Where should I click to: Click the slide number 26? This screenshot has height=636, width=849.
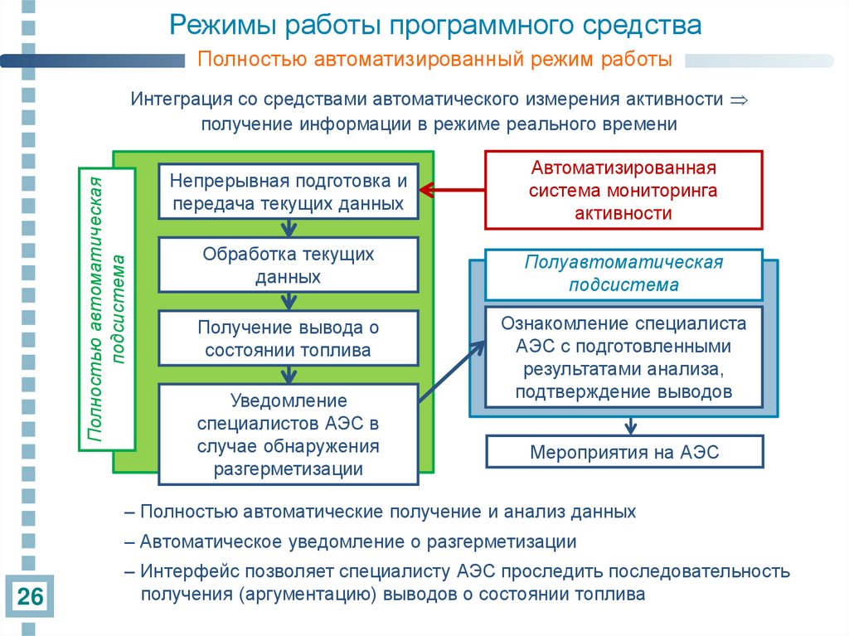click(x=31, y=596)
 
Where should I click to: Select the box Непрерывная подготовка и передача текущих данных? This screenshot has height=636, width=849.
click(x=288, y=192)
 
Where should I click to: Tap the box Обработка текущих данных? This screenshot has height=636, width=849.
click(x=288, y=265)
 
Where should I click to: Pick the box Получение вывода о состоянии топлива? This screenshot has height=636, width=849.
click(x=288, y=338)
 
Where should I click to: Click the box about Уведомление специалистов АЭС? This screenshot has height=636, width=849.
click(x=288, y=435)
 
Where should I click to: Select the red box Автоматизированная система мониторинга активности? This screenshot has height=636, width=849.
click(x=623, y=190)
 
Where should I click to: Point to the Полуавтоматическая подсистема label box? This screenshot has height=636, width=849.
click(x=623, y=274)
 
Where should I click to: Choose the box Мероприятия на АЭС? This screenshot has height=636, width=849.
click(x=623, y=453)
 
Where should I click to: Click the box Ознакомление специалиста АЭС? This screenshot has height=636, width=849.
click(x=623, y=357)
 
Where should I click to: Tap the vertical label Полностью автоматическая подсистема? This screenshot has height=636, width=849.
click(x=107, y=308)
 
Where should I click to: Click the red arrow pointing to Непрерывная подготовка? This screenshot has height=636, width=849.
click(x=451, y=191)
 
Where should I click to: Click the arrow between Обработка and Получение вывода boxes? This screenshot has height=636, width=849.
click(x=289, y=301)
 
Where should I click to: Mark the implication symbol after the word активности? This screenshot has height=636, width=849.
click(x=737, y=100)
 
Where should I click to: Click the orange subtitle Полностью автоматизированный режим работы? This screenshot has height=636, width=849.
click(x=434, y=60)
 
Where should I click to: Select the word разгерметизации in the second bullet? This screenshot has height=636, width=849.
click(x=502, y=542)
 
